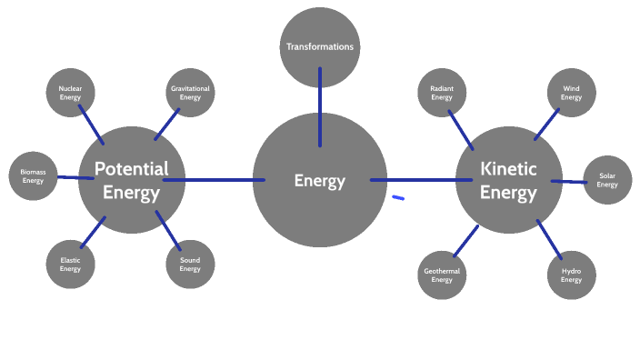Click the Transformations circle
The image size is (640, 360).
point(319,46)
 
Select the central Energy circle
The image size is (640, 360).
point(319,181)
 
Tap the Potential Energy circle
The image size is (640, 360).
point(132,180)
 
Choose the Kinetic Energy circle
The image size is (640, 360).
point(508,180)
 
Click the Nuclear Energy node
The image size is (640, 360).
point(70,93)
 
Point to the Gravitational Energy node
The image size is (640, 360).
point(190,93)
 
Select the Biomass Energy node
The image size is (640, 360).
point(33,175)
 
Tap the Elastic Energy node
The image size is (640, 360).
point(70,265)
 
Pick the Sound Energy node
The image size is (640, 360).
point(190,265)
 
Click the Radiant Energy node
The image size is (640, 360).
point(442,93)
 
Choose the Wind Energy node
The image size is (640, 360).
point(571,93)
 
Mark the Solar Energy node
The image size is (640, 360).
point(607,180)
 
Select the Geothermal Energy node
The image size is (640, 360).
point(442,275)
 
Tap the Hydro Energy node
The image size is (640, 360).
point(571,275)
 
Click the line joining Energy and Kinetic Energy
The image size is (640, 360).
point(420,180)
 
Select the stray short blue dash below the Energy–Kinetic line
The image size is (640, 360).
point(398,196)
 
